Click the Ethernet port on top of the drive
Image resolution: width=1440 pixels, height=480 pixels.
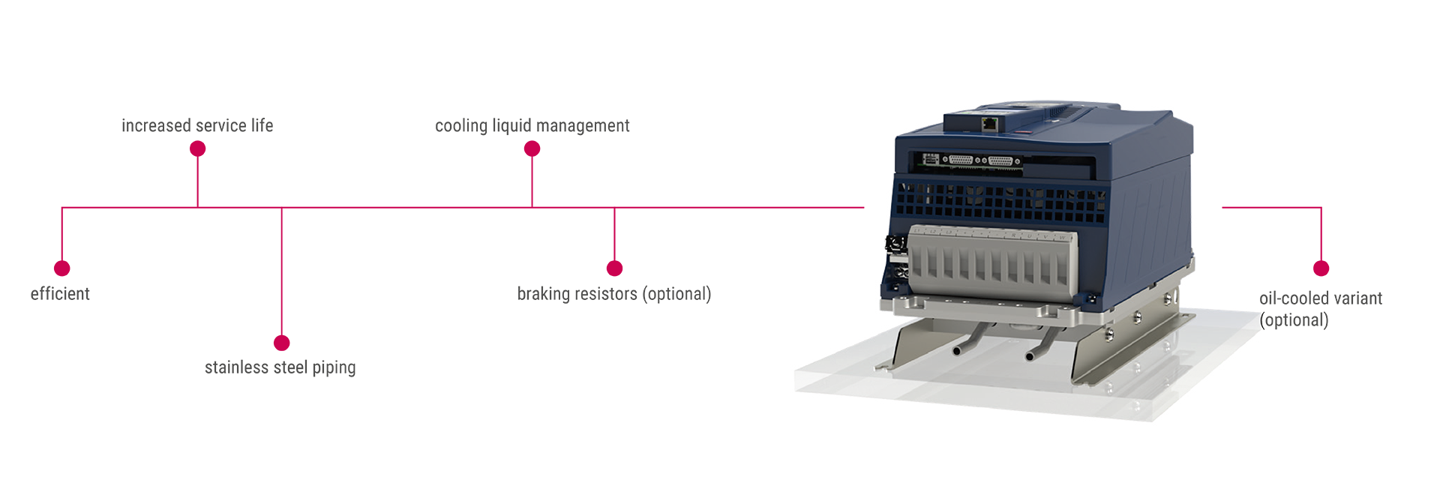tap(991, 121)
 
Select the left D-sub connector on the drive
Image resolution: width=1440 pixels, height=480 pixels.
tap(961, 160)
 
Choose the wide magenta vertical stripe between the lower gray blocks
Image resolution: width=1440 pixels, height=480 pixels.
tap(436, 341)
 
